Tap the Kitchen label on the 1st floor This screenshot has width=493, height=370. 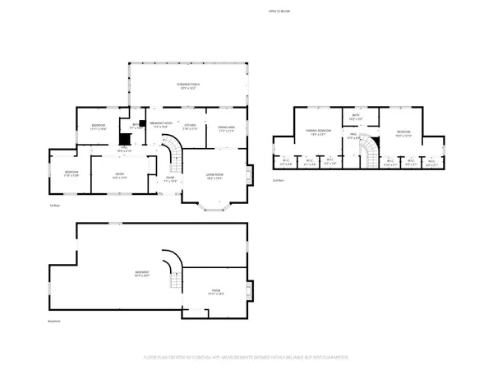(x=190, y=127)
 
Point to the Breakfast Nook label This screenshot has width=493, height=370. (x=161, y=126)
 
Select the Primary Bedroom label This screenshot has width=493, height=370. (x=317, y=132)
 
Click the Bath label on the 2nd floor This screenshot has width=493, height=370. (x=357, y=118)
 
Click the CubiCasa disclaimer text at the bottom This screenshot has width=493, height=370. (x=246, y=358)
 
